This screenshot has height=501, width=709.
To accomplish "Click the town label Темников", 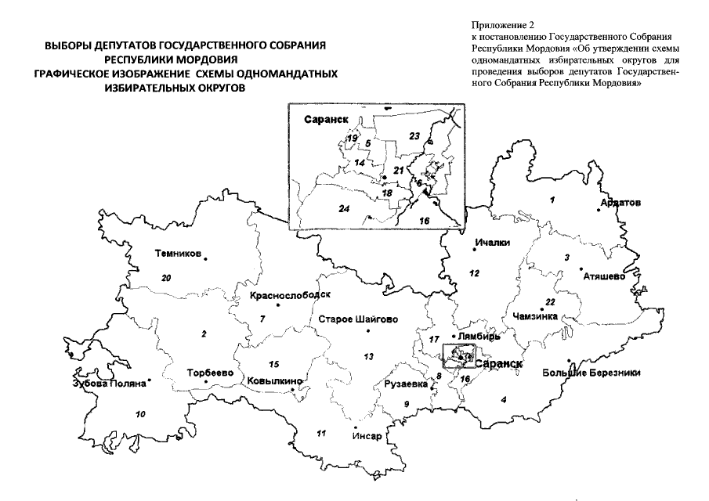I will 178,254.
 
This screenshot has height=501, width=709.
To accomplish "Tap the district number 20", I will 165,277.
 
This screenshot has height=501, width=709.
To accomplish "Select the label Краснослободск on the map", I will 290,296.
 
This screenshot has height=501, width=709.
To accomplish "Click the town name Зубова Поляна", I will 109,384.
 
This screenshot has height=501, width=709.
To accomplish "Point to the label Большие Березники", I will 591,373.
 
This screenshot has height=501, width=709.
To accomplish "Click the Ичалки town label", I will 492,243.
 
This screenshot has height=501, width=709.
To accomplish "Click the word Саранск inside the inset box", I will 321,121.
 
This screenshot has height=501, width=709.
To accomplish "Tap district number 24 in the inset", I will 342,207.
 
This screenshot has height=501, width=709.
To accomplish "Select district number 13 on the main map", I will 368,356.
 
